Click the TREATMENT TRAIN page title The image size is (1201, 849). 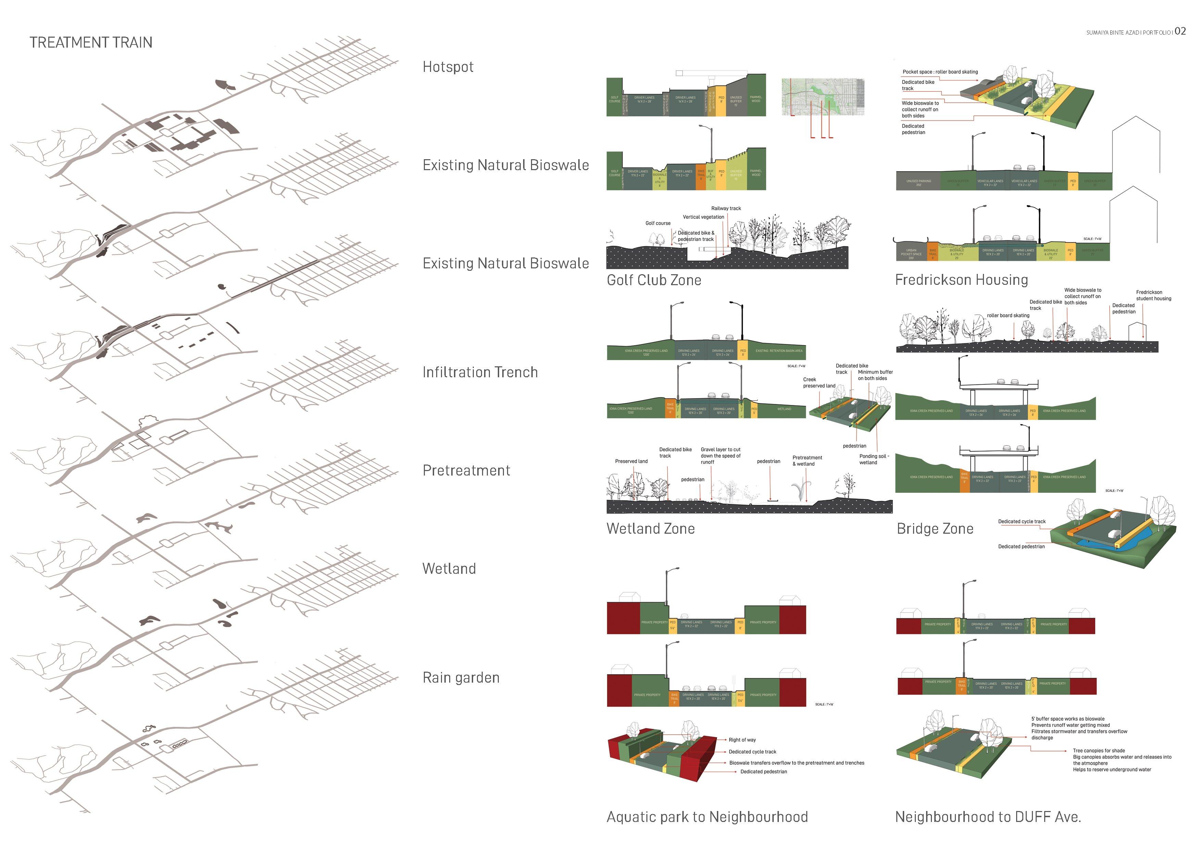91,42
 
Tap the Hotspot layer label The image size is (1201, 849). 448,67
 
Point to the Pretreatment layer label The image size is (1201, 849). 466,470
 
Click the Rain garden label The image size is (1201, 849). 461,677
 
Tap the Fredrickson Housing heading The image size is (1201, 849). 961,280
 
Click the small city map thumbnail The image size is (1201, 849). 823,97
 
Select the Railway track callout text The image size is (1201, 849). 726,208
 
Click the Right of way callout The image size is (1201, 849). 742,740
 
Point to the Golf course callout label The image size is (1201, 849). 658,223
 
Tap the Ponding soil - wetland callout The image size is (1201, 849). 874,459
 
